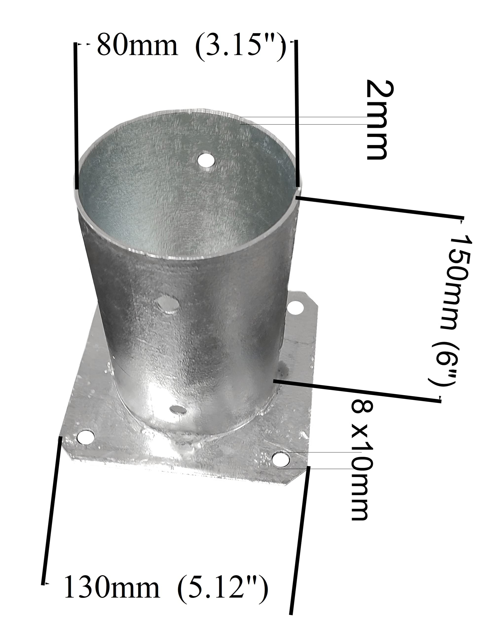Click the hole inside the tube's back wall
(x=206, y=160)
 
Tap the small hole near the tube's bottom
(x=178, y=410)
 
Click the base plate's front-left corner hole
(x=86, y=437)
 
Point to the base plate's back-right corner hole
(x=295, y=308)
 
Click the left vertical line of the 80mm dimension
(x=76, y=116)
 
